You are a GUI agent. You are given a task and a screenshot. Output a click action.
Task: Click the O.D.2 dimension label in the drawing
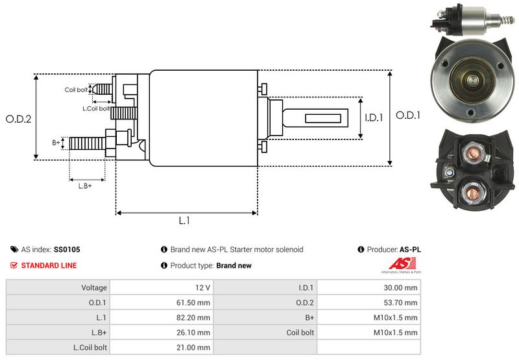[19, 119]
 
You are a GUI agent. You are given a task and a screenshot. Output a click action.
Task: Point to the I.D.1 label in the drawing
[374, 118]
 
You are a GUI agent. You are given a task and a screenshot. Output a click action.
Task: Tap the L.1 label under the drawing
[184, 221]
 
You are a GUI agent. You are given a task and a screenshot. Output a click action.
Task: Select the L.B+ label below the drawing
[85, 186]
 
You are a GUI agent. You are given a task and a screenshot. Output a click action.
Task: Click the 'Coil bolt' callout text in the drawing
[76, 90]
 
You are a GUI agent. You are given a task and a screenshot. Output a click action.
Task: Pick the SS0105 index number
[67, 249]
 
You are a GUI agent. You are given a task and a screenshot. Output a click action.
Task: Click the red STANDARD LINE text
[49, 265]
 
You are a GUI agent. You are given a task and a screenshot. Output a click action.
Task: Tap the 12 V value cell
[202, 287]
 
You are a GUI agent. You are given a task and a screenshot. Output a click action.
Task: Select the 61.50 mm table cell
[195, 302]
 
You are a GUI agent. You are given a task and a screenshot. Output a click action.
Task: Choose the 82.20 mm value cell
[195, 317]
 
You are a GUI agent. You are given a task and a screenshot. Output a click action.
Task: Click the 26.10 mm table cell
[195, 332]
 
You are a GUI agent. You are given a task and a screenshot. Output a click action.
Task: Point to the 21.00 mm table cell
[195, 347]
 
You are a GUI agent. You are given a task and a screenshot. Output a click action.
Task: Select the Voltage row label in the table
[94, 287]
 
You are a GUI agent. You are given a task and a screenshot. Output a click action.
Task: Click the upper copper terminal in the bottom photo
[470, 154]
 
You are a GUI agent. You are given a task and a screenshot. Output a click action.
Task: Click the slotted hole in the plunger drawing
[323, 119]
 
